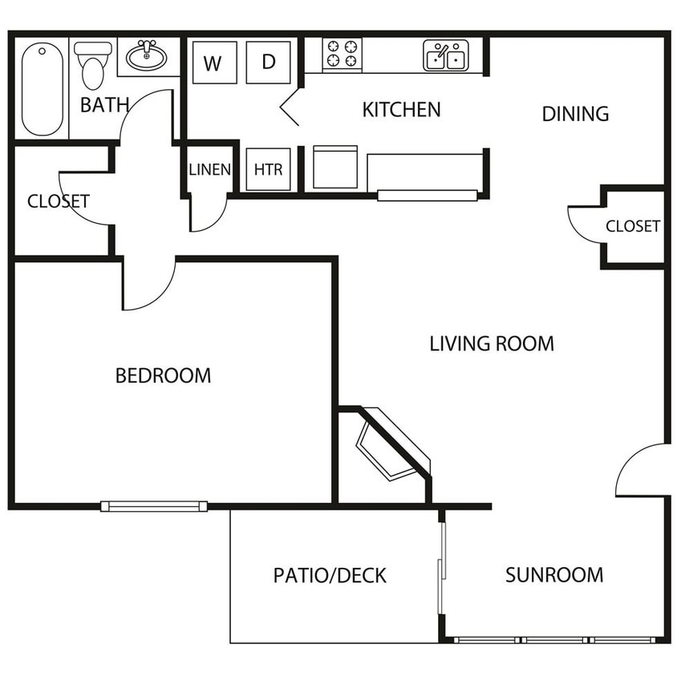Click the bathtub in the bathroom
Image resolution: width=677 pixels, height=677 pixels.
[43, 89]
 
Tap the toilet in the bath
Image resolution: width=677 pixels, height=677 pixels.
[93, 65]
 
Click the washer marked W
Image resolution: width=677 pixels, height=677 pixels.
[215, 63]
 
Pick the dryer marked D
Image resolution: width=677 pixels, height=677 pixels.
[268, 63]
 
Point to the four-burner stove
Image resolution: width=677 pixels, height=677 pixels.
[342, 53]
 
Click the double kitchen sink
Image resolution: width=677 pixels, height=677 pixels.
[445, 55]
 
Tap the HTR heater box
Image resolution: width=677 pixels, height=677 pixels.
[268, 169]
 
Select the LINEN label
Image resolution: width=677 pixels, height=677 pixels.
[210, 169]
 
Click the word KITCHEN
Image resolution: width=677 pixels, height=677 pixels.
[402, 110]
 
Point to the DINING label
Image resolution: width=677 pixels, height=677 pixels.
[575, 114]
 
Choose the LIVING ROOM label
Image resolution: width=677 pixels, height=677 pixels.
[492, 343]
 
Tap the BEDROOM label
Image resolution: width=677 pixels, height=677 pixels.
[163, 375]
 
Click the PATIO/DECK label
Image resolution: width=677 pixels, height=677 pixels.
[330, 576]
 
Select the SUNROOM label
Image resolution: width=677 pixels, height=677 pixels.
[554, 575]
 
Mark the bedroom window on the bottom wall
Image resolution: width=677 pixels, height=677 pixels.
[154, 506]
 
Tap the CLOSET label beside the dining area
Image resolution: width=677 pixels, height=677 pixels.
[633, 226]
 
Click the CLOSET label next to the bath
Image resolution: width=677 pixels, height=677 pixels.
[59, 201]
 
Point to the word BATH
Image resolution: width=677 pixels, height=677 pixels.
[105, 105]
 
